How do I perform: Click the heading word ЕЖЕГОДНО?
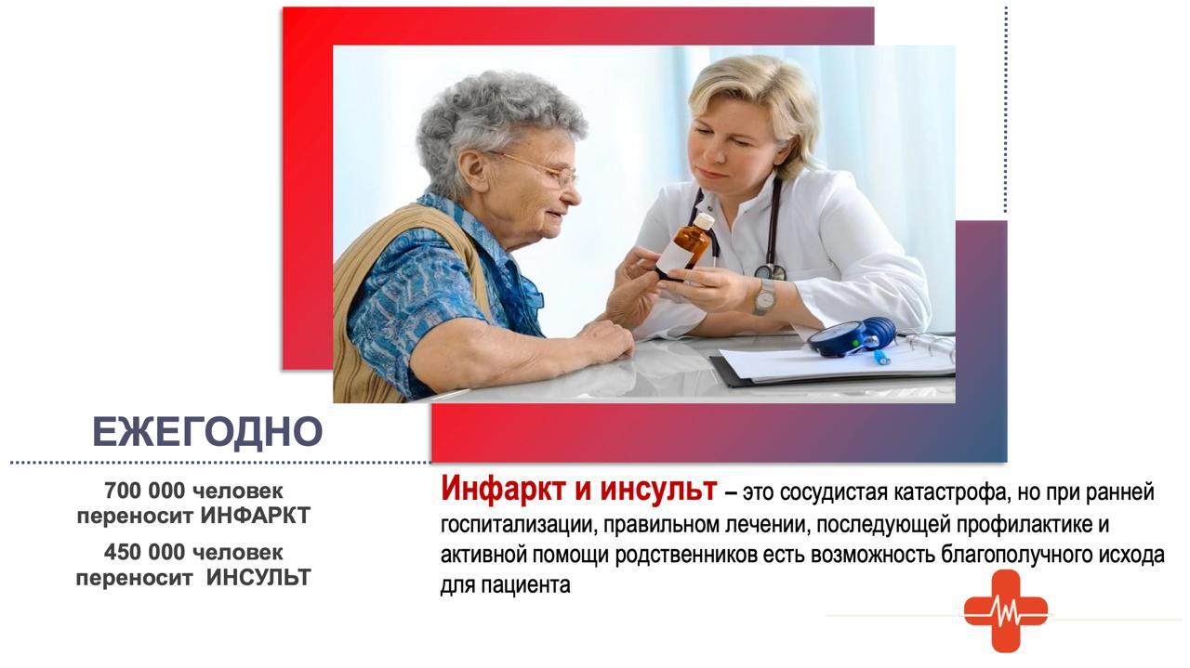207,432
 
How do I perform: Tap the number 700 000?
144,491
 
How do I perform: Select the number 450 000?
144,553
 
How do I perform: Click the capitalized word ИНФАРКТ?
256,516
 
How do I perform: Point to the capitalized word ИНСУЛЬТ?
258,578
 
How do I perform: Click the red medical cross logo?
1006,611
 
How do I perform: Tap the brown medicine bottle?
685,246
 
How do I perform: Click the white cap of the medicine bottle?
704,220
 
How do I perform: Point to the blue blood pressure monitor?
850,336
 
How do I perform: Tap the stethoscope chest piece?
771,272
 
